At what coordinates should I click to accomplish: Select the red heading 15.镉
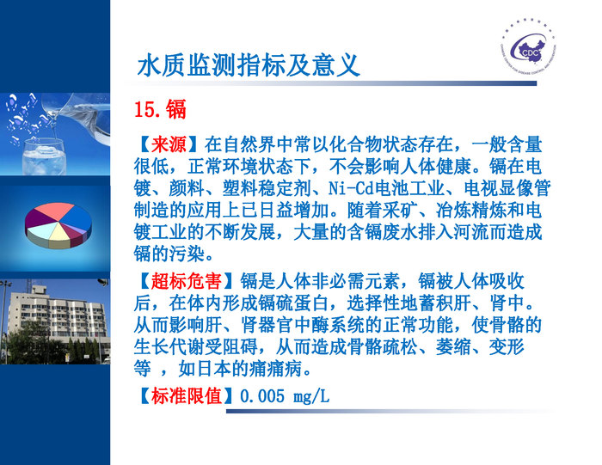[x=160, y=109]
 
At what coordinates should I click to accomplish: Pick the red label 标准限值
[x=185, y=396]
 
